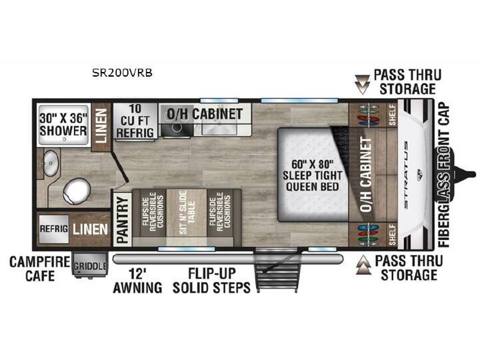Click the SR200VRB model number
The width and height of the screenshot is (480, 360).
(x=122, y=73)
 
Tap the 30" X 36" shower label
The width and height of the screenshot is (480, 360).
(x=63, y=125)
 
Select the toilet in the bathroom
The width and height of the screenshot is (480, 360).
(x=77, y=191)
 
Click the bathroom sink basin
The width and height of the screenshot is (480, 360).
(x=51, y=163)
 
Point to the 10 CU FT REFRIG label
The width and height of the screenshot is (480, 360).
(x=135, y=121)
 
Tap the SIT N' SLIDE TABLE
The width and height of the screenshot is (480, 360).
(x=187, y=213)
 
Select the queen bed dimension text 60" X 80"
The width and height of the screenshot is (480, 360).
(x=312, y=165)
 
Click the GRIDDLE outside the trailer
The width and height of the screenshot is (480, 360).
(x=91, y=265)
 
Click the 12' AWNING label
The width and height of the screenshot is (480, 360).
(x=137, y=281)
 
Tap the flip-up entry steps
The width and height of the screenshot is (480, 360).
(x=277, y=270)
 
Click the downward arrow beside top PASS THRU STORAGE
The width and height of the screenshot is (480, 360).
(x=362, y=84)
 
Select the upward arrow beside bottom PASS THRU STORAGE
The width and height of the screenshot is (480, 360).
(x=364, y=265)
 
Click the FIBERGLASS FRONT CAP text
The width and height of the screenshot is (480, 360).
(x=444, y=175)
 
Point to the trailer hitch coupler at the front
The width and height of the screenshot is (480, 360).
(x=465, y=175)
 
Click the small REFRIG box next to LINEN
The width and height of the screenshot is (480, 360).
(x=54, y=229)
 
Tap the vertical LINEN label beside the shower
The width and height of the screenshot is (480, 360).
(x=101, y=126)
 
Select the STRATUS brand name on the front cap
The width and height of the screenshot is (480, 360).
(x=406, y=175)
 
